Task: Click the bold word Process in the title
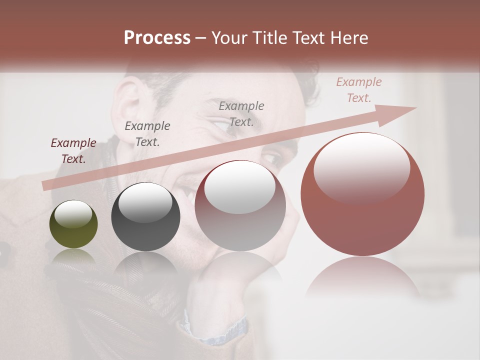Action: pos(157,38)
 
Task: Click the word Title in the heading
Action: pos(270,38)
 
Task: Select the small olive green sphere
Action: pos(73,224)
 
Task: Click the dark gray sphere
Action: pos(145,216)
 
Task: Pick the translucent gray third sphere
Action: pos(240,205)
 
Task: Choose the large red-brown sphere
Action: pos(362,194)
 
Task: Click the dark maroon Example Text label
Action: pos(73,151)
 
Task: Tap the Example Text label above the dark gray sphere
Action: pos(147,134)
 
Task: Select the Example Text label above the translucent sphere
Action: pos(241,113)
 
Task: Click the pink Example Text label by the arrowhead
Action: pos(359,90)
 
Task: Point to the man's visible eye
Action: pos(274,160)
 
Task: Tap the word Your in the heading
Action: pos(230,38)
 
